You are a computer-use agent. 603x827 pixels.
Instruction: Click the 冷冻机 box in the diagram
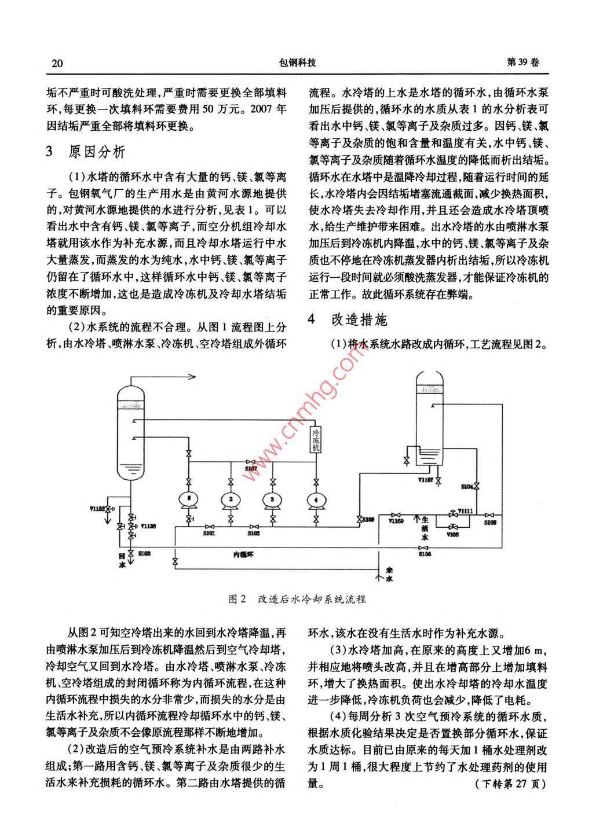(x=316, y=440)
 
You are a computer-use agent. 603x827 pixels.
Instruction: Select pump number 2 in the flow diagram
(x=231, y=498)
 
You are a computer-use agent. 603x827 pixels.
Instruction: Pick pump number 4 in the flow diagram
(x=316, y=498)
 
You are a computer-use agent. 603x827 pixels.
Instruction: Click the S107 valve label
(x=251, y=468)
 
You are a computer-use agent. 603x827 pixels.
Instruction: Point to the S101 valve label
(x=209, y=533)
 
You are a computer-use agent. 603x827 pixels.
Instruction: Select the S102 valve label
(x=253, y=533)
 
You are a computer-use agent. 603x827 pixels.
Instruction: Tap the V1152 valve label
(x=97, y=508)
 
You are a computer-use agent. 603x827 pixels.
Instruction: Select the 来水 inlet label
(x=389, y=574)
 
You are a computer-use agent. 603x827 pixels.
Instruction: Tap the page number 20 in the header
(x=57, y=63)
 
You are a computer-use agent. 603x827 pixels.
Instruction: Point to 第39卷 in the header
(x=523, y=63)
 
